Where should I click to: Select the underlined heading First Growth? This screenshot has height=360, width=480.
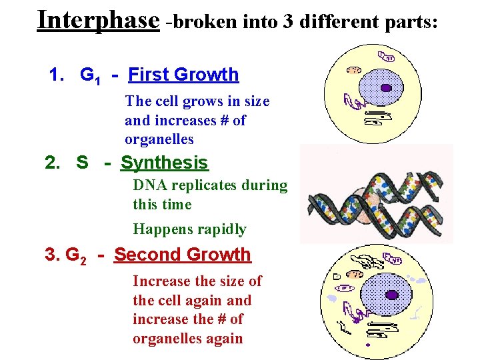(183, 75)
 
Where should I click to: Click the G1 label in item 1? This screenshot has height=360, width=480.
(90, 75)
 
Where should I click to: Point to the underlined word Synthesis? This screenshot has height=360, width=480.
(164, 163)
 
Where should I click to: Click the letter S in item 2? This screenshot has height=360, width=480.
(82, 163)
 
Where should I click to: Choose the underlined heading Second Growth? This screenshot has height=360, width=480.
(182, 255)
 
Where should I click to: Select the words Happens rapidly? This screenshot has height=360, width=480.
(189, 229)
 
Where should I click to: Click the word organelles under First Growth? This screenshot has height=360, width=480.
(159, 139)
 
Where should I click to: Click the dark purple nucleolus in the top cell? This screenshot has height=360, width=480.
(386, 87)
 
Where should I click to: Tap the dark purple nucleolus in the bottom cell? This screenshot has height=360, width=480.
(392, 295)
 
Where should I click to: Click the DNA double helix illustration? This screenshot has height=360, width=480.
(377, 194)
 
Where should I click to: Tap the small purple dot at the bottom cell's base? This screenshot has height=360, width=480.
(367, 345)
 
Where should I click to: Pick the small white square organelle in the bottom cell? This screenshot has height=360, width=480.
(337, 275)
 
